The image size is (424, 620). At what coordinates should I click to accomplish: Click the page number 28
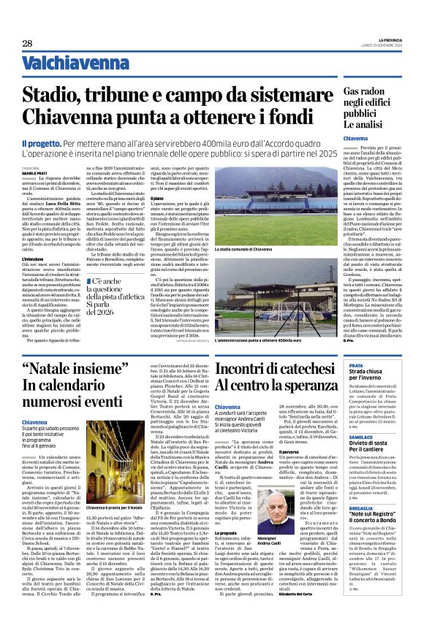point(27,44)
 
